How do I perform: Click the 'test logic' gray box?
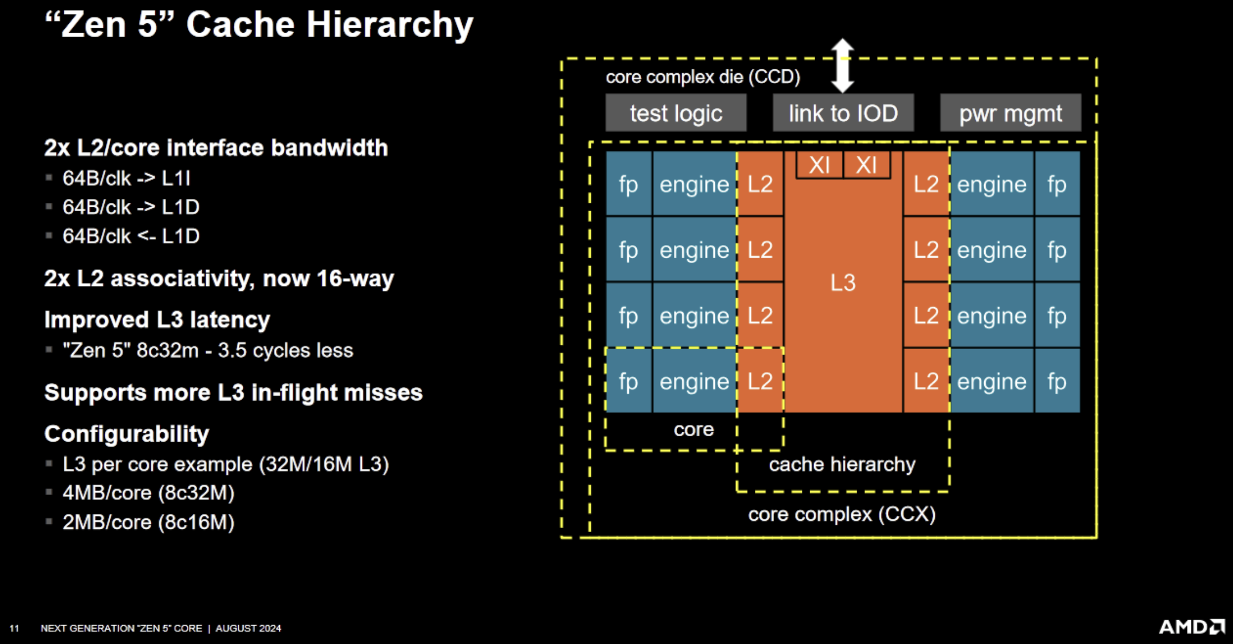(676, 113)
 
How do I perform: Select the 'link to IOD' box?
(843, 113)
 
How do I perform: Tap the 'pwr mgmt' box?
(1010, 113)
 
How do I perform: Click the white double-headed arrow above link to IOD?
(842, 65)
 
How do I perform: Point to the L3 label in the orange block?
(843, 283)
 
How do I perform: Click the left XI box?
(819, 165)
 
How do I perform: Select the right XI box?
(866, 165)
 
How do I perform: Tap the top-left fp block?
(628, 184)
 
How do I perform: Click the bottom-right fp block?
(1057, 381)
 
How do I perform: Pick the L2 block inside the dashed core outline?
(760, 381)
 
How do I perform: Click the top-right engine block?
(991, 184)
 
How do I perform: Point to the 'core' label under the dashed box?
(693, 430)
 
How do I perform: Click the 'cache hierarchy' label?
(842, 464)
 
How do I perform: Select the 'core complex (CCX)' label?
(842, 514)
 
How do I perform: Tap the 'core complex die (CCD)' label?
(703, 76)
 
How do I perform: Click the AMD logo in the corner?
(1191, 627)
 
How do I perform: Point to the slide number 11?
(14, 628)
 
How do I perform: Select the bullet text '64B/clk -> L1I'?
(126, 178)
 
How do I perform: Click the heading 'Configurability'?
(127, 434)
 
